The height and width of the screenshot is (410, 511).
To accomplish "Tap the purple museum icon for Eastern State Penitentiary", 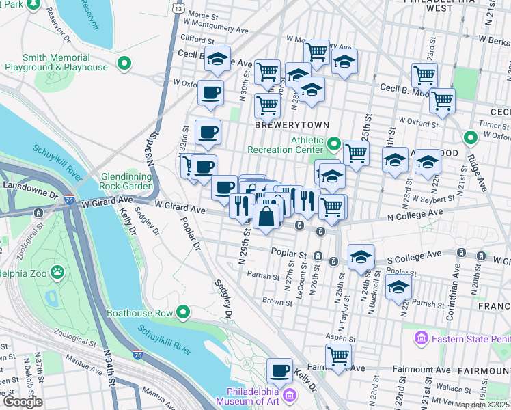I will tap(421, 338).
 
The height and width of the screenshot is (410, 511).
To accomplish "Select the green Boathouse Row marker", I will tap(182, 313).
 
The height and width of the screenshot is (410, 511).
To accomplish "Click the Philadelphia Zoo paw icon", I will tap(59, 272).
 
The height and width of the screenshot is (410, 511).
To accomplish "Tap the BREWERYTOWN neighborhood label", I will tap(292, 126).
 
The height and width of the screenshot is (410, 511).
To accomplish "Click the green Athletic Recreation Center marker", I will tap(334, 144).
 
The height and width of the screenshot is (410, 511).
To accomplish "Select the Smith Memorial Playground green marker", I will tap(124, 65).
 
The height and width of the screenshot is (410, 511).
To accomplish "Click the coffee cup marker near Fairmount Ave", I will tap(279, 370).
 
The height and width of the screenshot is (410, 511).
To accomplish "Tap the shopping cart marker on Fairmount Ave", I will tap(338, 355).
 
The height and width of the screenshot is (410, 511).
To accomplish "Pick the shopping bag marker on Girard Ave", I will tap(266, 217).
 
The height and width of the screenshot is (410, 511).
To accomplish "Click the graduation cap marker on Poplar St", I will tap(361, 257).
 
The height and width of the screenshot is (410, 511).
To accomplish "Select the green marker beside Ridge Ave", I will tap(470, 138).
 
